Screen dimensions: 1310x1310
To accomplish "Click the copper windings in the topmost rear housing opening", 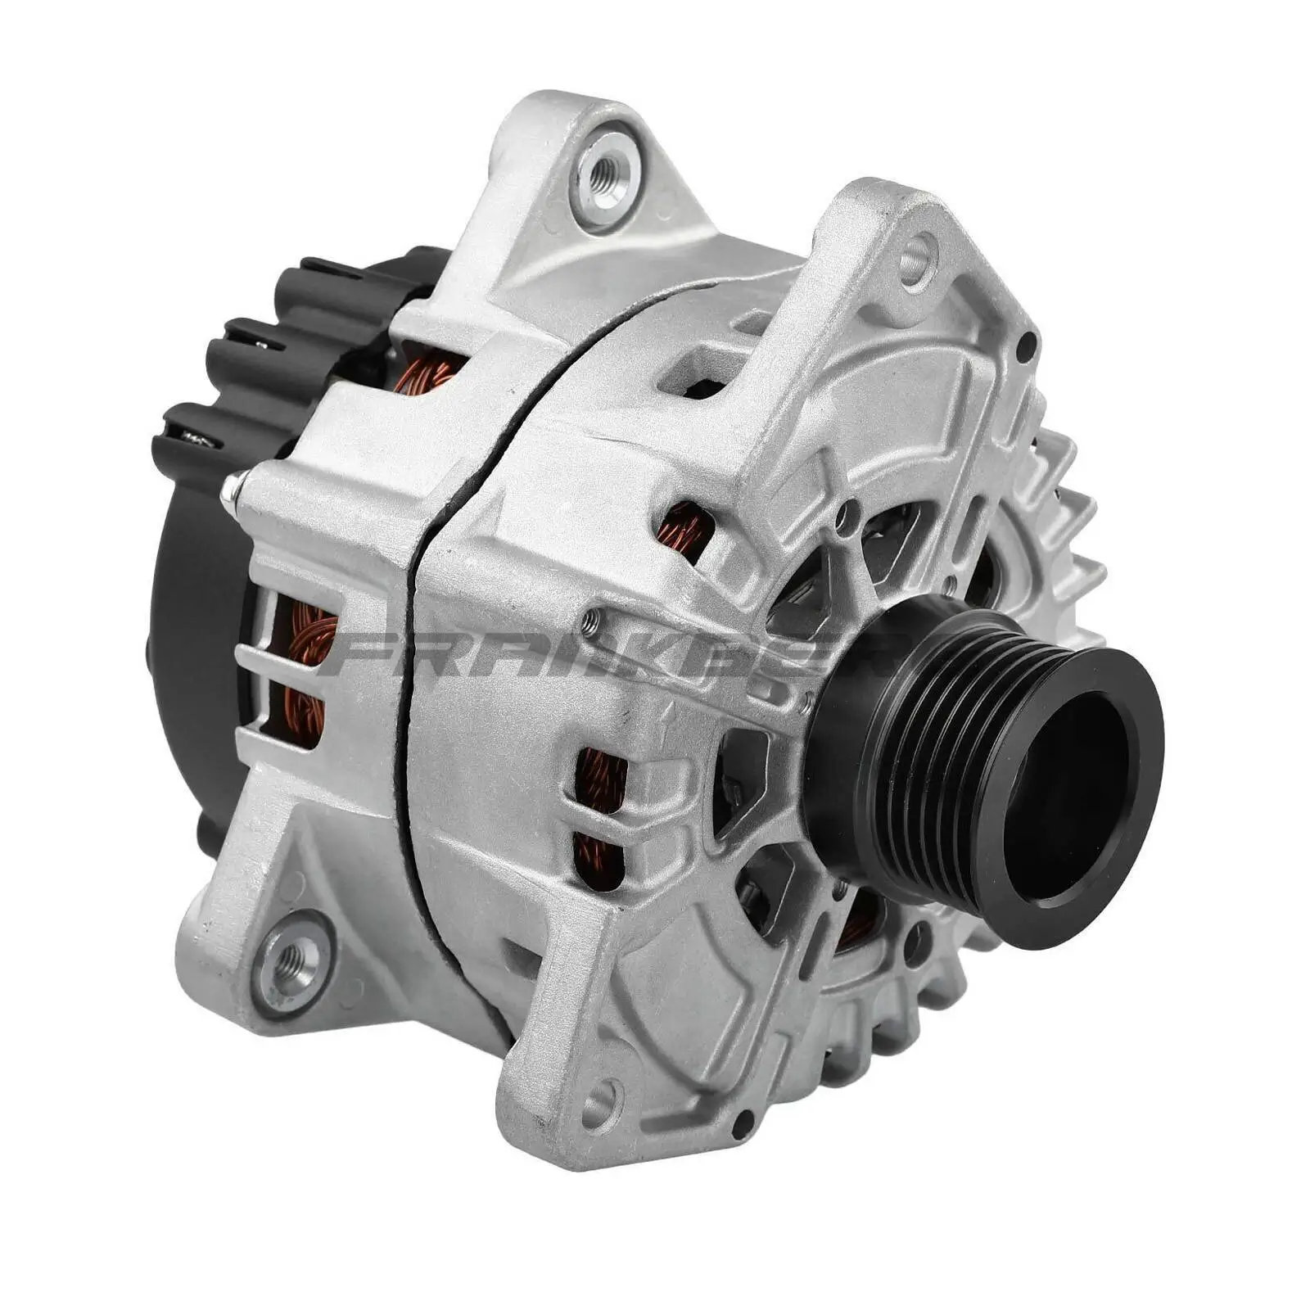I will (x=426, y=373).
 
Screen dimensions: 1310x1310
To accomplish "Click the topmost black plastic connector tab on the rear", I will (x=327, y=274).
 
